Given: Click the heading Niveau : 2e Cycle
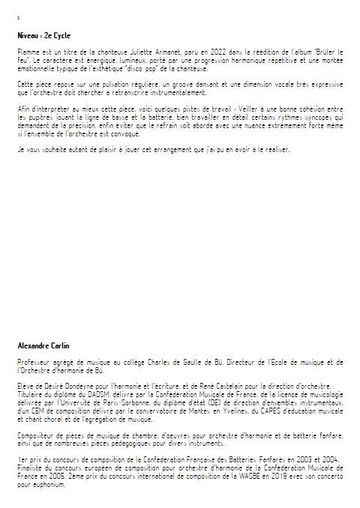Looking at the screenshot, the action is [46, 35].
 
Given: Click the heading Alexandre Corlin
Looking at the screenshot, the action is [43, 346].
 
